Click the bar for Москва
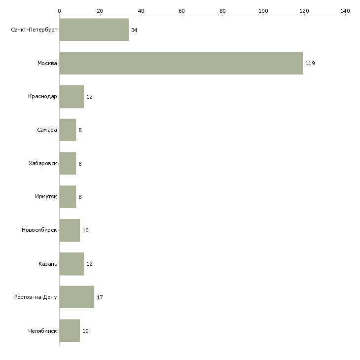tap(181, 63)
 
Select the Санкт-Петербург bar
tap(94, 30)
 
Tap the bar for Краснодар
tap(72, 97)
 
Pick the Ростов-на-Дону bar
tap(77, 297)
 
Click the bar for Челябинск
tap(70, 330)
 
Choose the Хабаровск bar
tap(68, 163)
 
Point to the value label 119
tap(310, 63)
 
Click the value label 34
tap(134, 30)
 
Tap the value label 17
tap(100, 297)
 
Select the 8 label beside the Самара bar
tap(80, 130)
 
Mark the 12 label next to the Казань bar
tap(89, 264)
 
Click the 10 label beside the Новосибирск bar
tap(85, 230)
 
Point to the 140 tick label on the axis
tap(345, 11)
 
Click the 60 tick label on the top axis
tap(181, 11)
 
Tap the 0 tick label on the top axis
tap(60, 11)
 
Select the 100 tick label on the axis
tap(263, 11)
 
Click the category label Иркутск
tap(46, 197)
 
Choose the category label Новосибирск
tap(39, 230)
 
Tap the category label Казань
tap(48, 264)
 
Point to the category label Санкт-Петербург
tap(34, 30)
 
